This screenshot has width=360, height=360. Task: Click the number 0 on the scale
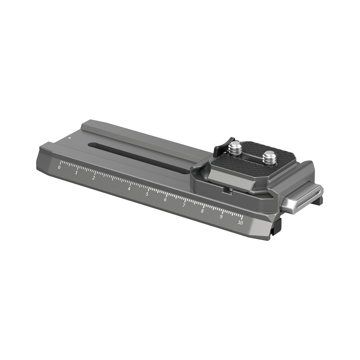[x=59, y=167]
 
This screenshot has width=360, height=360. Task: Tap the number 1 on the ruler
[x=76, y=173]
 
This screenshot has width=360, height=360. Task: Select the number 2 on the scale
[x=94, y=178]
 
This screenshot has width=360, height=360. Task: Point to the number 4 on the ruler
[x=129, y=189]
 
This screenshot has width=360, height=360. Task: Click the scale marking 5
[x=147, y=194]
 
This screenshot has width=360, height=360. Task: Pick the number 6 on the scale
[x=165, y=199]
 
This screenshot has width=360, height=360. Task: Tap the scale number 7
[x=184, y=205]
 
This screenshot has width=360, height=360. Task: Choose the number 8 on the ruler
[x=202, y=211]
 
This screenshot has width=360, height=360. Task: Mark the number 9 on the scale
[x=221, y=216]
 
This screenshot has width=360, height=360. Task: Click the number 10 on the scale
[x=240, y=222]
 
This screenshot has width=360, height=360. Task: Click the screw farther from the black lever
[x=269, y=157]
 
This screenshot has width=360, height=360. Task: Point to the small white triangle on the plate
[x=70, y=138]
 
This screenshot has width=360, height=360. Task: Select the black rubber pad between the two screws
[x=252, y=153]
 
